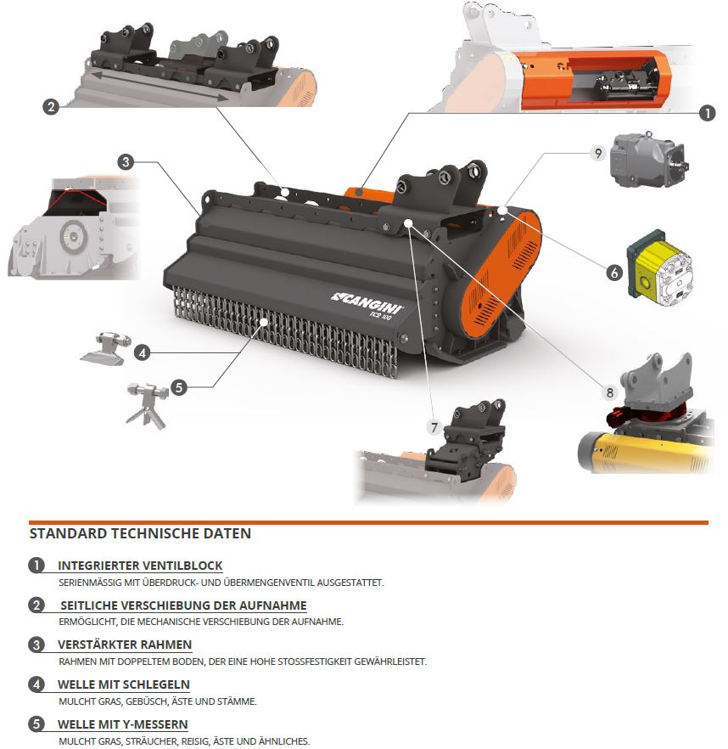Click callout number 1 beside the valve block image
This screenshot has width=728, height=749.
[707, 113]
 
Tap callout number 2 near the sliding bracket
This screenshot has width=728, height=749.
[51, 106]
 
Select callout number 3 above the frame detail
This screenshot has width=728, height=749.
[126, 162]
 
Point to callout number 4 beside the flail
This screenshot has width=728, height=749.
[142, 353]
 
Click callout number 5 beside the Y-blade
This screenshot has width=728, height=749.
[178, 387]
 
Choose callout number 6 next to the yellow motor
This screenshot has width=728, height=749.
[614, 273]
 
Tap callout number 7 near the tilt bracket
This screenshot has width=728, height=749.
[434, 427]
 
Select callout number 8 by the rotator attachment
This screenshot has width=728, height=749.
[609, 392]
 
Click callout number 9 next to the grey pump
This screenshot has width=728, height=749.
[597, 154]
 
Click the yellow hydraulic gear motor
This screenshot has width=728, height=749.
[660, 267]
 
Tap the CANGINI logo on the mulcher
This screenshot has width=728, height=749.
[367, 302]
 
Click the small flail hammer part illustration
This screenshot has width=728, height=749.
[105, 348]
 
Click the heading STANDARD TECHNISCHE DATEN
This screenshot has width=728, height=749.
[140, 533]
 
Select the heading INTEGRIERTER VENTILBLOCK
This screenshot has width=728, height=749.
[140, 566]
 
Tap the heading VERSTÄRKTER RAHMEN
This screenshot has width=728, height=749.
[125, 645]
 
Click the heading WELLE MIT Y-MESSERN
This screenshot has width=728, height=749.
[123, 724]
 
